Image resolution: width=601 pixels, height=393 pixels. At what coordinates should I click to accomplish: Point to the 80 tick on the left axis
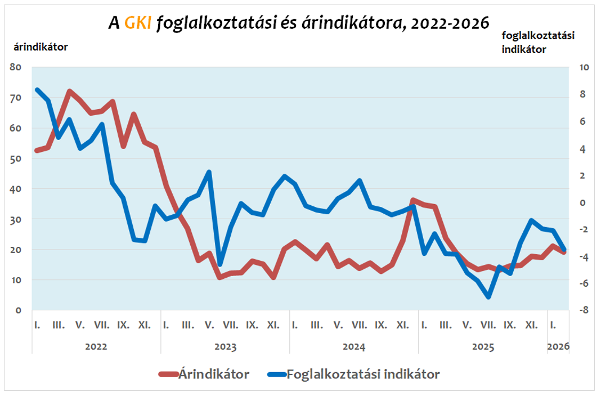click(x=16, y=67)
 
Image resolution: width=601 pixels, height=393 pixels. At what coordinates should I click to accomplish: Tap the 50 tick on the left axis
click(x=16, y=159)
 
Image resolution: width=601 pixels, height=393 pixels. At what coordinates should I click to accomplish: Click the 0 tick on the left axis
click(x=19, y=310)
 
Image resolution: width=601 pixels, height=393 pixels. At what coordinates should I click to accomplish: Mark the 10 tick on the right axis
click(x=583, y=67)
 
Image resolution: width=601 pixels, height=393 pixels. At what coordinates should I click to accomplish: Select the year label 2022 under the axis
click(x=96, y=346)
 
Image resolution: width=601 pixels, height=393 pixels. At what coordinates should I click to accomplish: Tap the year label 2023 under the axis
click(x=225, y=346)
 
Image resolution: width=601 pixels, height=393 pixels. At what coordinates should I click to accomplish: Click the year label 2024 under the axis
click(x=354, y=346)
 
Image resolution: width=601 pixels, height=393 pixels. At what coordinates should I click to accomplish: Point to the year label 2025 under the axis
click(x=483, y=346)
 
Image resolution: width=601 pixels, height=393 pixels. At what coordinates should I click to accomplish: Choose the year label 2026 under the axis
click(x=558, y=346)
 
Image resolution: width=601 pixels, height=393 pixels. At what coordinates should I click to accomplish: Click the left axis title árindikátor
click(x=41, y=47)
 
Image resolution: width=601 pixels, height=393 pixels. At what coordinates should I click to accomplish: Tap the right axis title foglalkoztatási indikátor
click(x=537, y=42)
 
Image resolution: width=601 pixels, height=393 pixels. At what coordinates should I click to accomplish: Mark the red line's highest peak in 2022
click(x=69, y=91)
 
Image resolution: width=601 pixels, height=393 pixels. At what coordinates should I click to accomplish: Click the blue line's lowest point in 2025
click(x=488, y=297)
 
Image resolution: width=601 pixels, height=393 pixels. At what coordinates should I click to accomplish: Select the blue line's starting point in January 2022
click(x=37, y=90)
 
